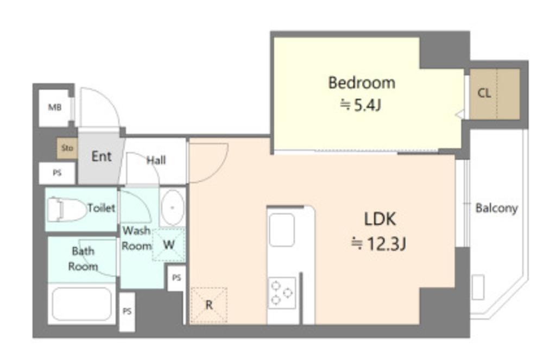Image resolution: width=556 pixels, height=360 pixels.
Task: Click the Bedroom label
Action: [x=361, y=83]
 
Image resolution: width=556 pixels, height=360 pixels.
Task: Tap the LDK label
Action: [x=380, y=219]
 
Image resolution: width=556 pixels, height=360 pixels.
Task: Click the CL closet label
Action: [x=484, y=93]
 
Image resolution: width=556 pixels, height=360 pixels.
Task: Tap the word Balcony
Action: [x=496, y=208]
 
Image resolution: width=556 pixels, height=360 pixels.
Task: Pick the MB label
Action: [x=55, y=107]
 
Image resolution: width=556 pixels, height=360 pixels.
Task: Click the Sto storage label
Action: [x=67, y=148]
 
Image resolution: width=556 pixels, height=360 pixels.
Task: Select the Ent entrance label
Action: [x=102, y=156]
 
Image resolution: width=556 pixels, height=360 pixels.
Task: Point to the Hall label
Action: [x=156, y=160]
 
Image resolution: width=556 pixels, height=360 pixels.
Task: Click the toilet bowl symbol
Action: [x=66, y=210]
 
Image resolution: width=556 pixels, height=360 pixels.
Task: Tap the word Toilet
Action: [x=102, y=208]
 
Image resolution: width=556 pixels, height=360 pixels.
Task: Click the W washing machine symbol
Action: [x=169, y=245]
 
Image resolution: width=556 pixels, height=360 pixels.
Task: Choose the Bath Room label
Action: [x=83, y=258]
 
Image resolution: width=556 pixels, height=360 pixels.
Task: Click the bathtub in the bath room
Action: [x=81, y=304]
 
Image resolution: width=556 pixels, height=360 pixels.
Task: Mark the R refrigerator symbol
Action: [x=209, y=305]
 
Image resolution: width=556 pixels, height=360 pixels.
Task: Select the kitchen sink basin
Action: [x=282, y=230]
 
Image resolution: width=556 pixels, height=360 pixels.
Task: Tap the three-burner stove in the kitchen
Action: [x=282, y=293]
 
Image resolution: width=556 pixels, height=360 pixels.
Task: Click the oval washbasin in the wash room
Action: [x=172, y=207]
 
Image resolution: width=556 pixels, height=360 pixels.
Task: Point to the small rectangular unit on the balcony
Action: [x=478, y=287]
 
